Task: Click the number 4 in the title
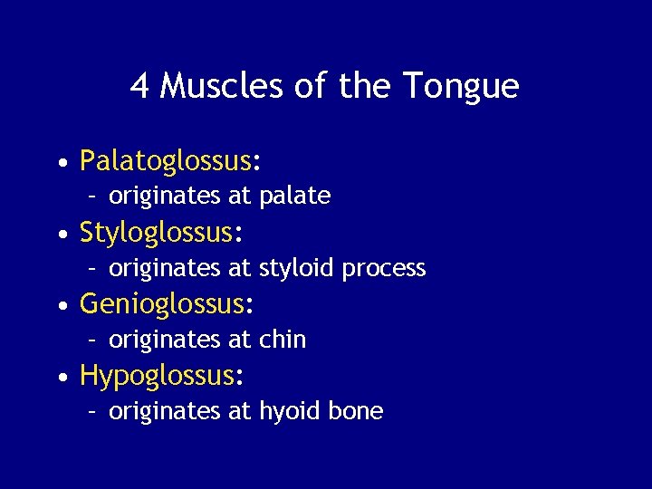click(140, 87)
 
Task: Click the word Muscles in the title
click(222, 87)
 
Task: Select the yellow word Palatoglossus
click(165, 161)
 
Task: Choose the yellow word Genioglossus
click(161, 304)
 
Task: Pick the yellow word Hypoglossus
click(158, 376)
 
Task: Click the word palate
click(295, 196)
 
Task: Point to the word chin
click(283, 340)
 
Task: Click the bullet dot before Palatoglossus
click(61, 163)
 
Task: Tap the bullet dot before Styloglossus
click(61, 235)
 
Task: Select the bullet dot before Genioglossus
click(61, 306)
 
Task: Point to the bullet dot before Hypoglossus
click(61, 378)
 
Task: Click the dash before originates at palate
click(92, 196)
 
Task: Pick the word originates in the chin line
click(165, 340)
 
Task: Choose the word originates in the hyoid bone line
click(165, 411)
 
